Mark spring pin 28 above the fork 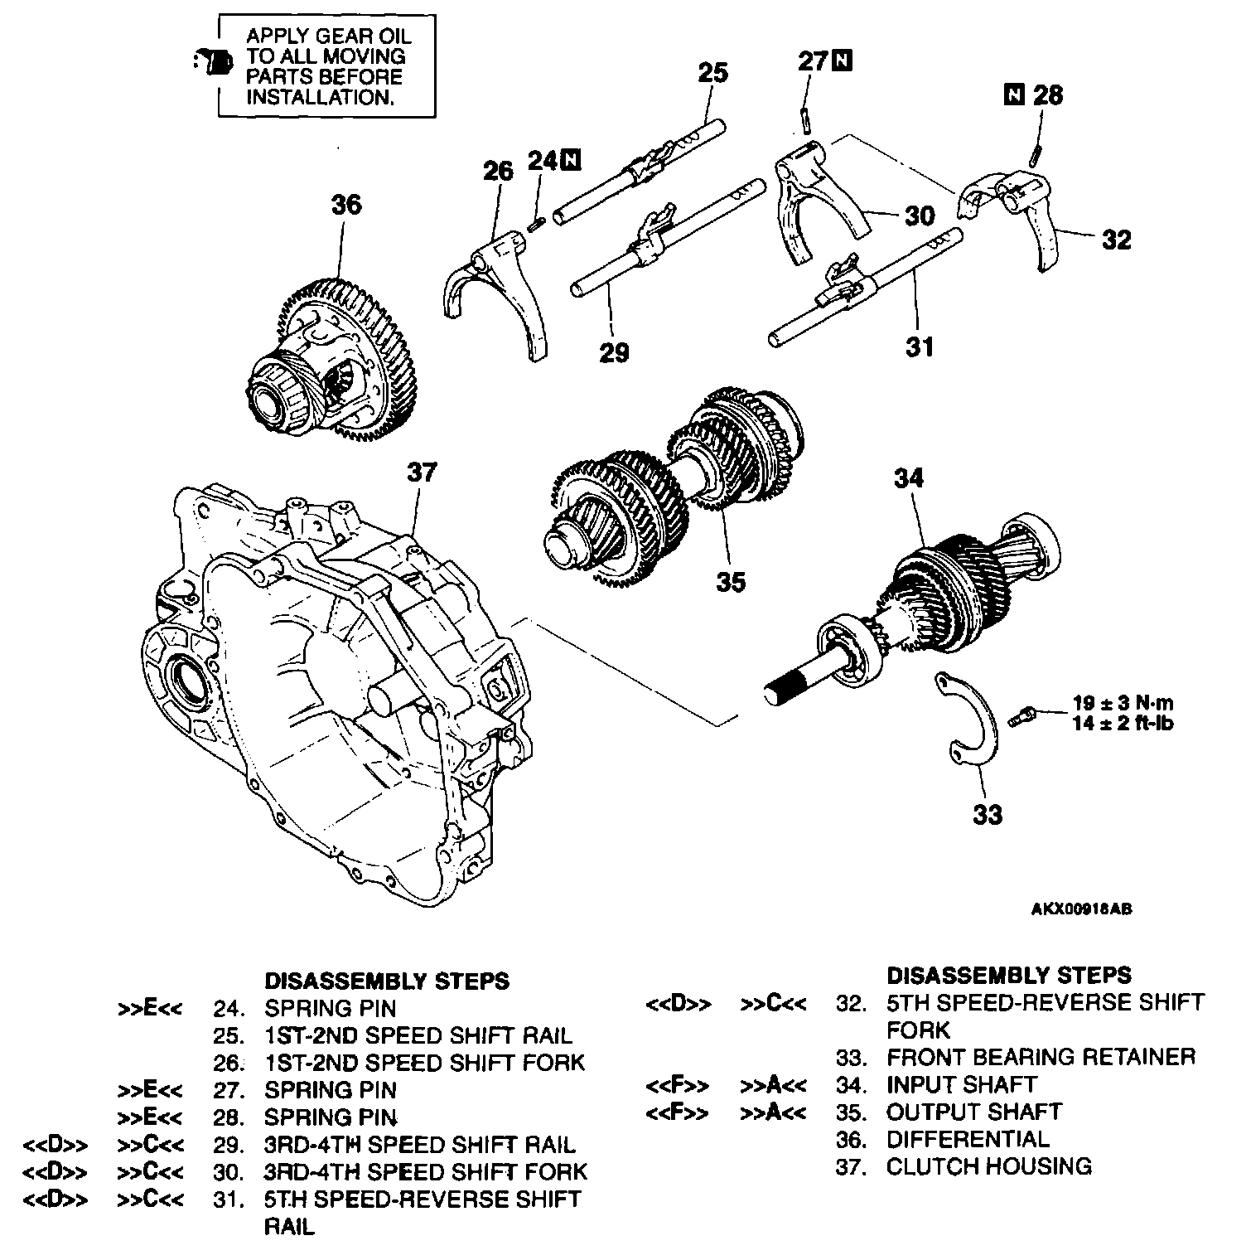tap(1036, 155)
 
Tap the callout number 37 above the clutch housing tap(422, 472)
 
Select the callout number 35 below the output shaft tap(731, 582)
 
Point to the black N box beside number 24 tap(571, 159)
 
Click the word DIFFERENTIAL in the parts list tap(967, 1139)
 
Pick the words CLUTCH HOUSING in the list tap(988, 1166)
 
